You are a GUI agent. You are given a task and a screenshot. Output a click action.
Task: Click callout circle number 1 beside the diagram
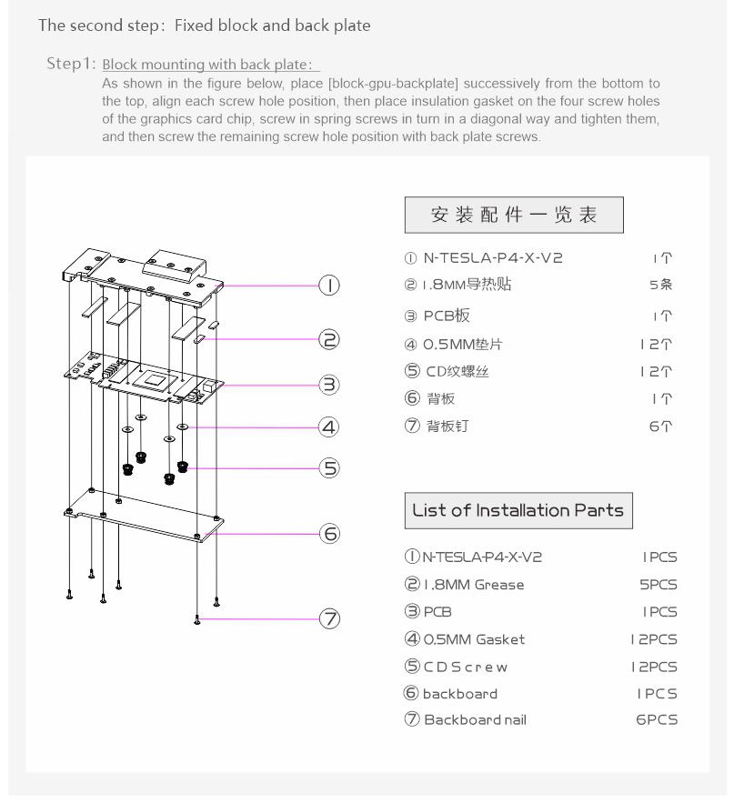(329, 286)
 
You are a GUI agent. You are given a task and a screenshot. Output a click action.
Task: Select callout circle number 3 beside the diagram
(329, 385)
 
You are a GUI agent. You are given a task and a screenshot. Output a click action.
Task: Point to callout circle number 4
(329, 426)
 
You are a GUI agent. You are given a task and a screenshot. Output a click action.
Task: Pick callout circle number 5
(329, 467)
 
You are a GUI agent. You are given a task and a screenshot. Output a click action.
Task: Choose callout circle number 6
(329, 534)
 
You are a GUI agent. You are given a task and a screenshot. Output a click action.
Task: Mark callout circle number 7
(329, 619)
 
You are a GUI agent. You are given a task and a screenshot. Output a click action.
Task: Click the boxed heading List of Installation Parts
(518, 510)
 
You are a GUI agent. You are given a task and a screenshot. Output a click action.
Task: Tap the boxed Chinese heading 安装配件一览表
(514, 215)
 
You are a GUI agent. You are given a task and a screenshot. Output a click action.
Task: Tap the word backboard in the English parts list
(460, 694)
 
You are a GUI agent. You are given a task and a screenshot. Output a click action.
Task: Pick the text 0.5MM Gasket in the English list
(474, 639)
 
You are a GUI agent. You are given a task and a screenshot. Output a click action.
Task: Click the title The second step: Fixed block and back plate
(204, 25)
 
